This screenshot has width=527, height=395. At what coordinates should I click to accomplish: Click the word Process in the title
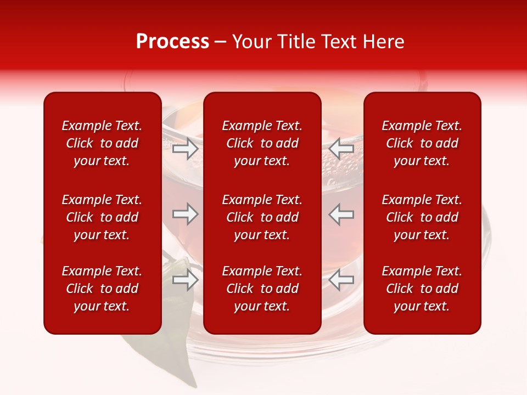coord(172,42)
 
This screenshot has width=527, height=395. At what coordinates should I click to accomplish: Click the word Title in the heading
coord(296,42)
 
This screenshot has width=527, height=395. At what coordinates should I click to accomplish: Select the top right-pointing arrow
coord(186,148)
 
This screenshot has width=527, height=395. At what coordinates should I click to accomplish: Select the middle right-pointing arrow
coord(186,214)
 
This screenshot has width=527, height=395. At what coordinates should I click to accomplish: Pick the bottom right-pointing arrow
coord(186,280)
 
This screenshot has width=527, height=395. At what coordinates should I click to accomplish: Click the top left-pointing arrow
coord(341,148)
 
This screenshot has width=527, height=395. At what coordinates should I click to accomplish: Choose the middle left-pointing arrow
coord(341,214)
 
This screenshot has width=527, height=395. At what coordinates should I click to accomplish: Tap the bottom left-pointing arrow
coord(341,280)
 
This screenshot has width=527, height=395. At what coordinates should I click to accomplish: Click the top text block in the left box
coord(102,143)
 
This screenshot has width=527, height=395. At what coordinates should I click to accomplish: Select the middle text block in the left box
coord(102,217)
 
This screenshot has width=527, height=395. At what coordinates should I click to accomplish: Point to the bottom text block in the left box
coord(102,289)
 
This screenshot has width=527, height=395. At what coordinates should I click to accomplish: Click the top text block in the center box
coord(262,143)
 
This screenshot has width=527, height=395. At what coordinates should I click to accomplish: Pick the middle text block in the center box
coord(262,217)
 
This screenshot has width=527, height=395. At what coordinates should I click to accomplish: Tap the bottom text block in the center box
coord(262,289)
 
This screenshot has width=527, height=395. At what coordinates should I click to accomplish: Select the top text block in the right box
coord(422,143)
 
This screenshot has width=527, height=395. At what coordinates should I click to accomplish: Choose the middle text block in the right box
coord(422,217)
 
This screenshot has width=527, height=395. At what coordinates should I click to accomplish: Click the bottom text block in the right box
coord(422,289)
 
